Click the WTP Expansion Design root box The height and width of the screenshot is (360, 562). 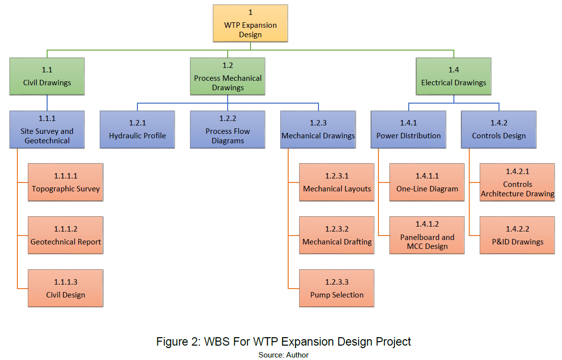[250, 23]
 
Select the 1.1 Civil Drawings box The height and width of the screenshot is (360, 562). [47, 76]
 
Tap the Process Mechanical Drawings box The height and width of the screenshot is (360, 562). [228, 76]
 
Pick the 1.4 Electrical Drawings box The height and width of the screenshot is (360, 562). [453, 76]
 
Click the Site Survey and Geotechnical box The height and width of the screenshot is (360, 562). [47, 129]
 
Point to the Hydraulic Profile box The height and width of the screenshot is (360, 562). [137, 129]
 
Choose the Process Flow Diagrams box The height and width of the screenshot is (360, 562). [228, 129]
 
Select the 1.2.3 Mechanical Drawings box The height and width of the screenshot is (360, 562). [318, 129]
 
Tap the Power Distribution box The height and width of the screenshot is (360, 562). [408, 129]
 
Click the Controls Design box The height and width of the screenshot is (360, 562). [499, 129]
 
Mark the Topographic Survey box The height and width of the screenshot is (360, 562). [65, 182]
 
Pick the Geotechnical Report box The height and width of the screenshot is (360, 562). [65, 235]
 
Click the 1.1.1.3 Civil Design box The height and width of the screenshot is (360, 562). [65, 288]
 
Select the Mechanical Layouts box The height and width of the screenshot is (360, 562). [337, 182]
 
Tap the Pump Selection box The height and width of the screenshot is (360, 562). [337, 288]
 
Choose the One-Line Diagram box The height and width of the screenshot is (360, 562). [427, 182]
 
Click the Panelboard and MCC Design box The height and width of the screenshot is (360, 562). [427, 235]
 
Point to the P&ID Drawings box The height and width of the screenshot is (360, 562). [517, 235]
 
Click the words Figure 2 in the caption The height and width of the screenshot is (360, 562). [176, 342]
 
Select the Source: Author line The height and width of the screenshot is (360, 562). [283, 355]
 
